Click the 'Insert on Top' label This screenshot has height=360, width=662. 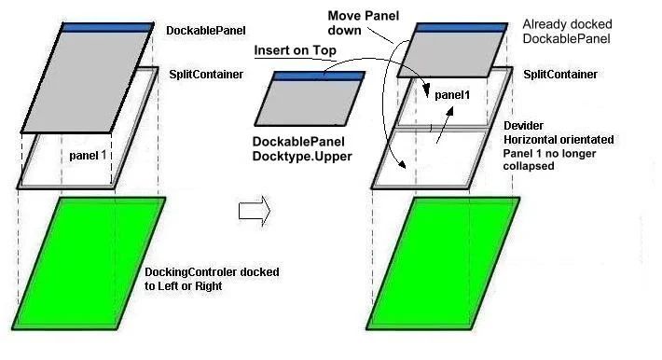[x=293, y=53]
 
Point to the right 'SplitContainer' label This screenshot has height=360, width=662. [x=560, y=74]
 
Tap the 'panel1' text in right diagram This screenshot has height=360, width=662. [x=452, y=94]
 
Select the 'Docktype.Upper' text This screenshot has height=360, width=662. [x=302, y=157]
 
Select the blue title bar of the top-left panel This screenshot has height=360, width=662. [x=108, y=27]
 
